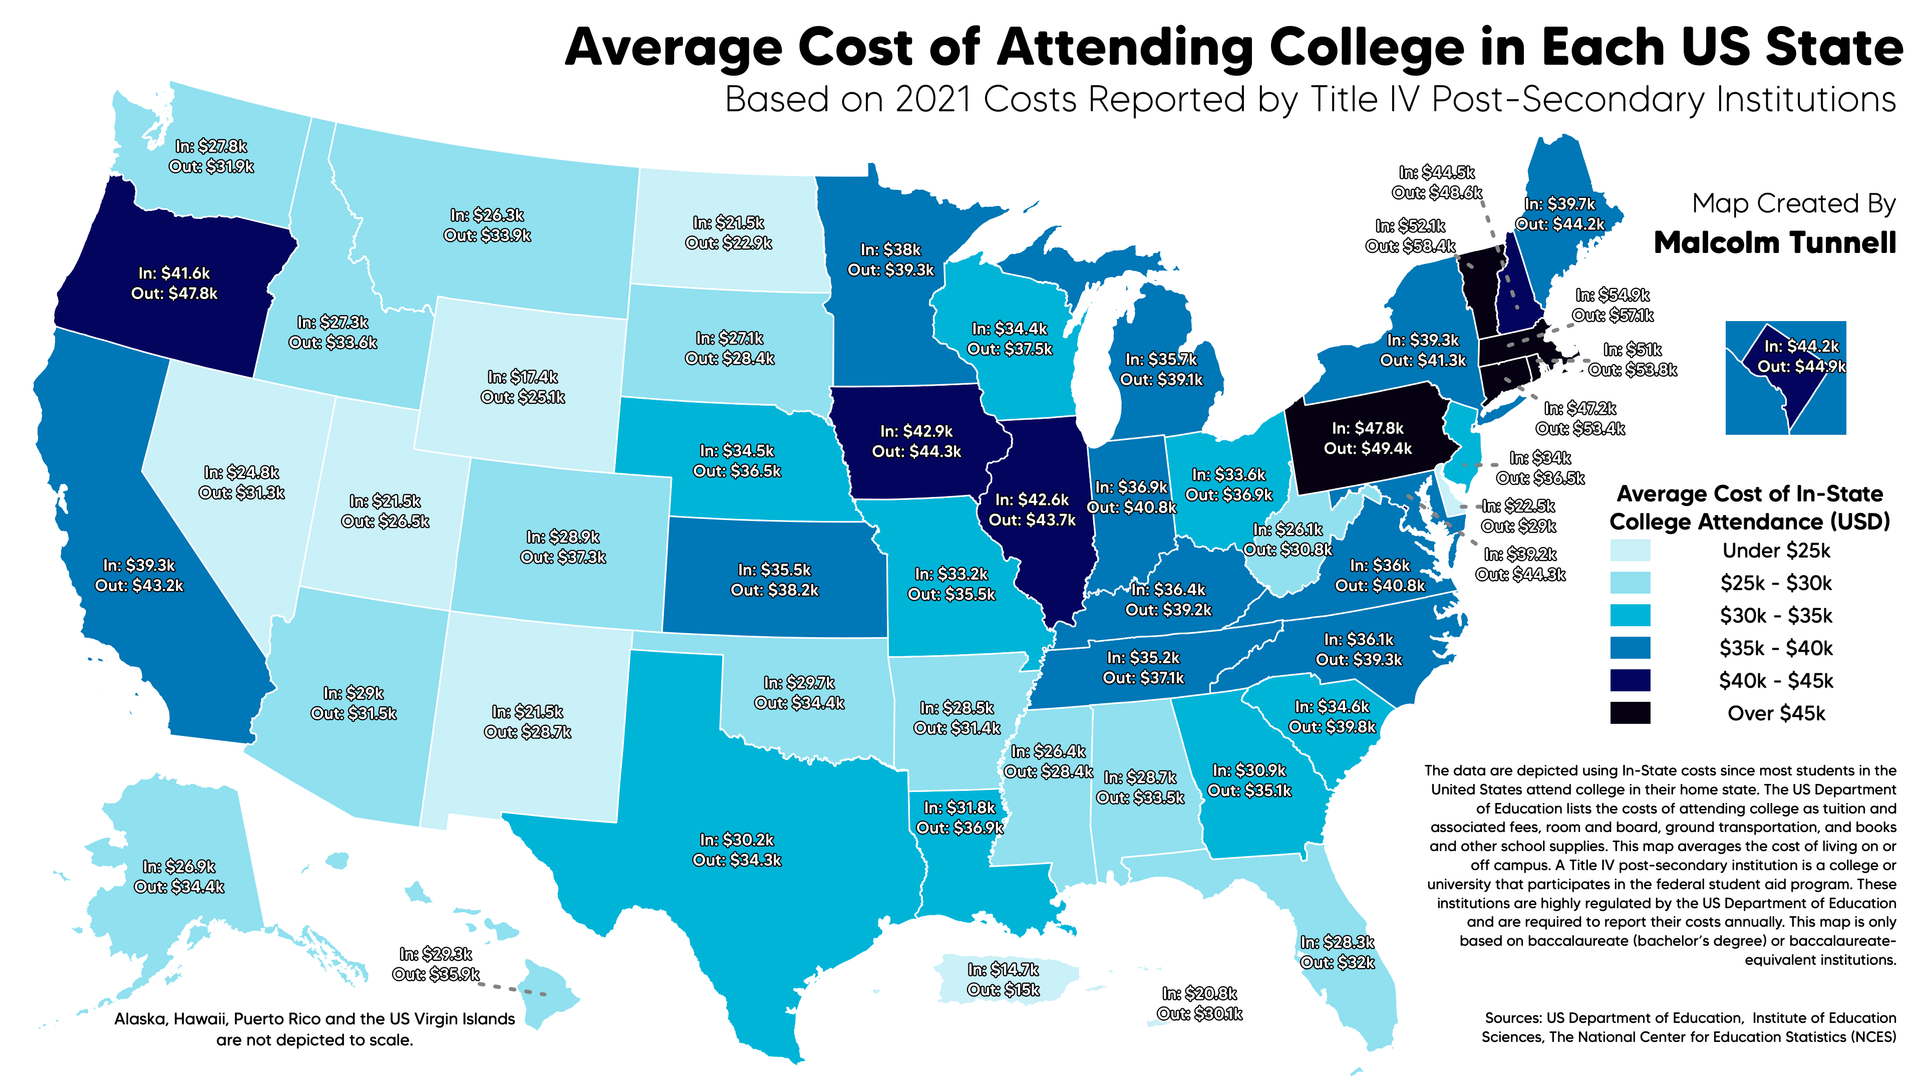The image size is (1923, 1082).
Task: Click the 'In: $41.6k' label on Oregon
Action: (174, 274)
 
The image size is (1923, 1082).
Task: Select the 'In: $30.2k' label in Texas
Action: (737, 840)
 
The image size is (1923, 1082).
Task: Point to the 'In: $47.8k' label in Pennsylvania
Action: (1368, 429)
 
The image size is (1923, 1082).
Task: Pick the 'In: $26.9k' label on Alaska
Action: (179, 867)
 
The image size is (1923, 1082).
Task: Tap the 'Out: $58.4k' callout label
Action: (1410, 245)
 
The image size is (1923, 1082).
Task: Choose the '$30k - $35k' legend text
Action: (1776, 616)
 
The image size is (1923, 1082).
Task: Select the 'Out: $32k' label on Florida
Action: (1337, 962)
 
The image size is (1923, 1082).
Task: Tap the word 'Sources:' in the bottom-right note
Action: (1512, 1018)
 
